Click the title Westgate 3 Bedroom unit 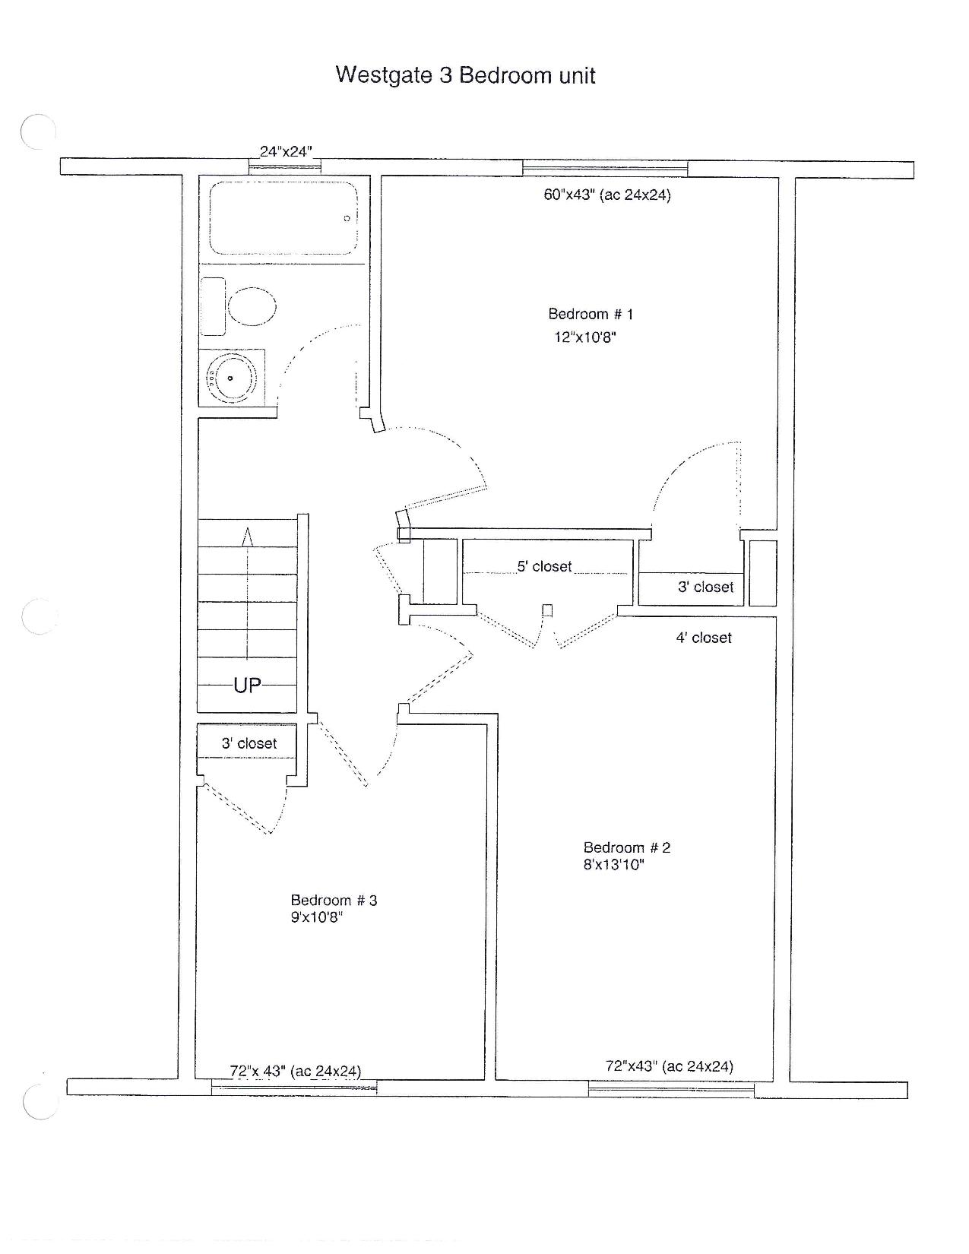click(x=465, y=75)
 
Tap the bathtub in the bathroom click(x=283, y=218)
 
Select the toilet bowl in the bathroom click(x=252, y=306)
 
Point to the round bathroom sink click(x=230, y=378)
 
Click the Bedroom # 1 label click(x=591, y=314)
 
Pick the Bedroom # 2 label click(x=627, y=847)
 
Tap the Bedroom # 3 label click(x=334, y=901)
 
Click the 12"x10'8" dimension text click(x=584, y=337)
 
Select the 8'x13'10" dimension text click(x=613, y=864)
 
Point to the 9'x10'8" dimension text click(x=316, y=917)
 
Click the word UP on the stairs click(x=247, y=686)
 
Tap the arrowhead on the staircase click(x=248, y=536)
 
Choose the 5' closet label click(x=544, y=567)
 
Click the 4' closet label click(x=704, y=638)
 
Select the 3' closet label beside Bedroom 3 click(x=249, y=743)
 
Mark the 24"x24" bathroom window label click(x=286, y=152)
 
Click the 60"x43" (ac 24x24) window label click(x=607, y=195)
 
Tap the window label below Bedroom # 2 click(x=669, y=1066)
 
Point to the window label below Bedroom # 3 click(x=296, y=1071)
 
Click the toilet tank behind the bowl click(x=213, y=306)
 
